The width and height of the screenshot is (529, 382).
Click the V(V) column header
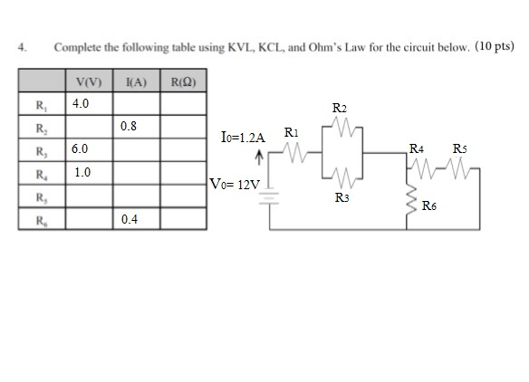tap(89, 83)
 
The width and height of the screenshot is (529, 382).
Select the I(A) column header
tap(136, 83)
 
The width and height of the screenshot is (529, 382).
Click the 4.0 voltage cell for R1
tap(89, 104)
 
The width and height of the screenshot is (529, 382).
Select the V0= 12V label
tap(235, 185)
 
